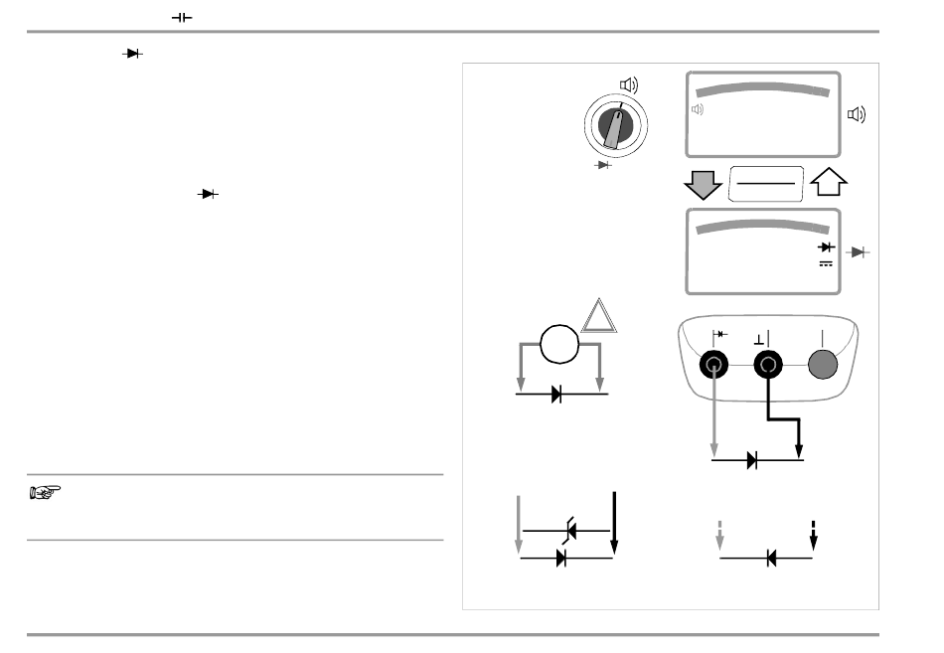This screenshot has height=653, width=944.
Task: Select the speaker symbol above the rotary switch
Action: (629, 85)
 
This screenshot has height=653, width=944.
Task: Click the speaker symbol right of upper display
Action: (856, 114)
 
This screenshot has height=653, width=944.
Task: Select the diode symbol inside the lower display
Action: (825, 245)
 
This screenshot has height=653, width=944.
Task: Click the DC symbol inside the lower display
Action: (825, 263)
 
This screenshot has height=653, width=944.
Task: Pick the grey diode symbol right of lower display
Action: (861, 253)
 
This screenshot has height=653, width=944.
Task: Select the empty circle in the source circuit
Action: (559, 346)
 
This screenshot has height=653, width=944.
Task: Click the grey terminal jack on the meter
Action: (821, 366)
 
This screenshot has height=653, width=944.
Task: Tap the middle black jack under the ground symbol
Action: (767, 366)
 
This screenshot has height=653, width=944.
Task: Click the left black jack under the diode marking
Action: (714, 366)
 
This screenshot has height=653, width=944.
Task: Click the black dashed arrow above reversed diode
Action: (814, 533)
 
